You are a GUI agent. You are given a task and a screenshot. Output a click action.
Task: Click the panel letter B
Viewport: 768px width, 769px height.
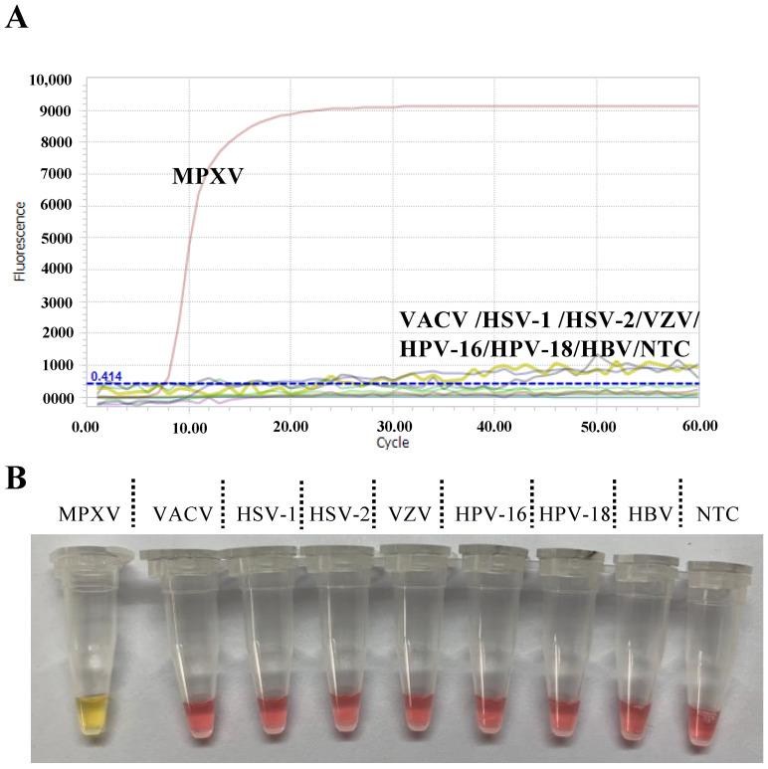point(16,478)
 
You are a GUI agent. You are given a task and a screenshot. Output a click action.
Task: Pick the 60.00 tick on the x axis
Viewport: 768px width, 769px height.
point(697,425)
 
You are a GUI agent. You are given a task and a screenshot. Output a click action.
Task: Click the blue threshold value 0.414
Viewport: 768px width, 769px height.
point(105,376)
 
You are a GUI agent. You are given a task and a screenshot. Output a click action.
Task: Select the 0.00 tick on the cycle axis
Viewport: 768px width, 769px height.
point(86,425)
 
